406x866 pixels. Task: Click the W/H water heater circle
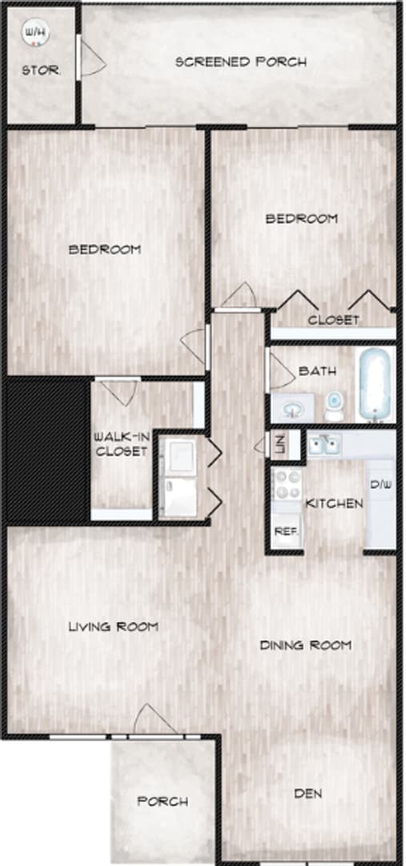(x=34, y=33)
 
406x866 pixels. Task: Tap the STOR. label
(x=41, y=71)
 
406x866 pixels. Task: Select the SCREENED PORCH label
(x=240, y=62)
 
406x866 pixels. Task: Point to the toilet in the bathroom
(x=334, y=405)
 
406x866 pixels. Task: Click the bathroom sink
(x=291, y=410)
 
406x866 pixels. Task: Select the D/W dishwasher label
(x=380, y=484)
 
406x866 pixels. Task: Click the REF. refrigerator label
(x=284, y=531)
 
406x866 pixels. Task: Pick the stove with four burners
(x=286, y=485)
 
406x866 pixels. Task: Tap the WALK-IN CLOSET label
(x=121, y=443)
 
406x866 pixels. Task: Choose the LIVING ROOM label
(x=112, y=626)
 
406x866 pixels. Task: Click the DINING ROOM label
(x=306, y=645)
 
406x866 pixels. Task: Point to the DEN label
(x=308, y=794)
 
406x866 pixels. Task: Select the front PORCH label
(x=163, y=801)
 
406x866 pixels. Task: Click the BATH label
(x=316, y=371)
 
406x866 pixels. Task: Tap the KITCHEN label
(x=335, y=504)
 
